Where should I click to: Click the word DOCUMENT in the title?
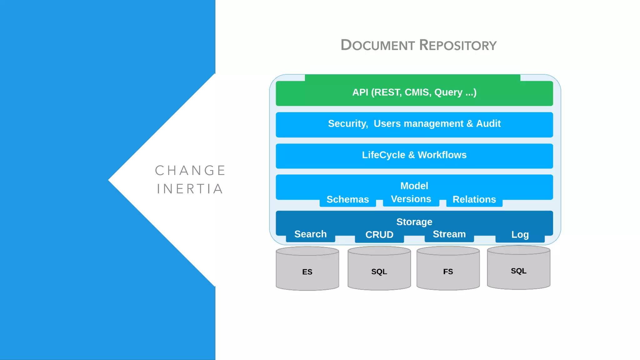[377, 45]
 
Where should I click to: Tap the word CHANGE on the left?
[190, 171]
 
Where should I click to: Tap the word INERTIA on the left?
[190, 189]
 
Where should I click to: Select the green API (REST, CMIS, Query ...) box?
[414, 92]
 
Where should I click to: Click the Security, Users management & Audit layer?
[414, 124]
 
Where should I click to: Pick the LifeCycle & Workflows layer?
[414, 155]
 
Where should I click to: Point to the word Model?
[414, 186]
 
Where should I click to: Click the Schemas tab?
[347, 200]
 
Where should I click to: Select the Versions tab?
[411, 199]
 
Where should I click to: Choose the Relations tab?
[474, 200]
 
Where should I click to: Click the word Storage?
[414, 222]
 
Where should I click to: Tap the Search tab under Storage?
[310, 234]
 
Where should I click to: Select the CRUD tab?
[379, 235]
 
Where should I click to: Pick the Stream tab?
[449, 234]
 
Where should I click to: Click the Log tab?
[520, 235]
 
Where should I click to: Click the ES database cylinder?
[307, 270]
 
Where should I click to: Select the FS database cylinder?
[448, 270]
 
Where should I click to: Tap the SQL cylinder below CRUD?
[379, 270]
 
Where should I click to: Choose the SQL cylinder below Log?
[518, 270]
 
